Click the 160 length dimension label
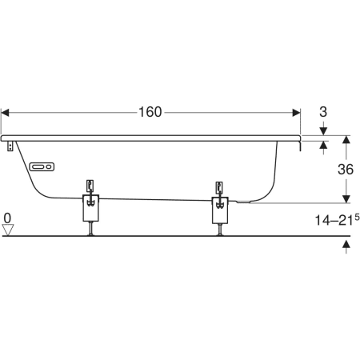click(x=150, y=112)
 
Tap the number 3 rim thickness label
click(x=323, y=112)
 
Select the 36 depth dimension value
click(x=346, y=170)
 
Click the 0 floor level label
click(x=7, y=218)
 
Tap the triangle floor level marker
click(x=7, y=230)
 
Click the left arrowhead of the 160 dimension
click(x=5, y=113)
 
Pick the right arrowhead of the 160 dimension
click(x=297, y=113)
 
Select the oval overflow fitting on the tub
click(x=42, y=167)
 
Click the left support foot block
click(x=91, y=208)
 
